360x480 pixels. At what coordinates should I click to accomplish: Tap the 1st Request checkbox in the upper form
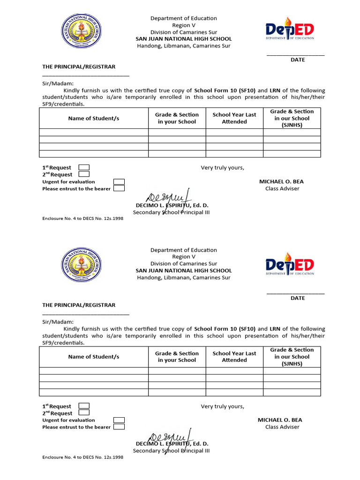(84, 167)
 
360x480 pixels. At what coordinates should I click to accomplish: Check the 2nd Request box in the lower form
(84, 413)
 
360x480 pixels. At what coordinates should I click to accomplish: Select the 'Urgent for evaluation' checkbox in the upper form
(119, 182)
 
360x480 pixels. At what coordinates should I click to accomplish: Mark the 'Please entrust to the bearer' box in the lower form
(119, 427)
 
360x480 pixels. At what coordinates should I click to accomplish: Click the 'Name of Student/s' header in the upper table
(94, 118)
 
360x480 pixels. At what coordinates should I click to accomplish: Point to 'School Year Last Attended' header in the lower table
(234, 357)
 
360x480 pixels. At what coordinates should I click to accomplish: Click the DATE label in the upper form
(298, 60)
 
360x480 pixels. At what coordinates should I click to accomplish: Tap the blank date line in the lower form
(295, 293)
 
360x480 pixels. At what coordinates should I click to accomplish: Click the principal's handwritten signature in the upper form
(168, 197)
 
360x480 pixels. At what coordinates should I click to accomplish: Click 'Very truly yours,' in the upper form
(223, 168)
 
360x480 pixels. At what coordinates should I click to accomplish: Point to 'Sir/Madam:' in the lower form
(58, 322)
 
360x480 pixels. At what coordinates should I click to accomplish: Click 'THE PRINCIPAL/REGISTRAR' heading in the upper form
(79, 67)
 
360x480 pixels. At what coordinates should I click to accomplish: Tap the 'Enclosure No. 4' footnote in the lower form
(83, 457)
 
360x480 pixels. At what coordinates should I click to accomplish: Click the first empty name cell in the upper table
(94, 132)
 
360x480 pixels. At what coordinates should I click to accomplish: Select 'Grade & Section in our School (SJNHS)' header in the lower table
(292, 357)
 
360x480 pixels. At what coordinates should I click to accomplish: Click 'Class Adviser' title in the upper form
(282, 189)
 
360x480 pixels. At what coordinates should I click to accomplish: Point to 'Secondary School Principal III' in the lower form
(171, 451)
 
